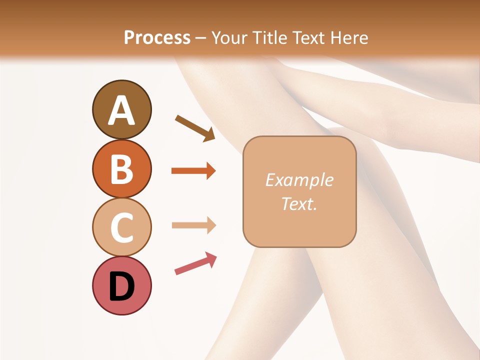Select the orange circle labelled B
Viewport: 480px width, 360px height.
[121, 169]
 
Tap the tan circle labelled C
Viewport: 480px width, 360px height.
[121, 227]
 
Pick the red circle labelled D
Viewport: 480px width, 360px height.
[121, 285]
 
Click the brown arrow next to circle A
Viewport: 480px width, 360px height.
[195, 127]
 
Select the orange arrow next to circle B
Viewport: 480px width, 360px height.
[193, 171]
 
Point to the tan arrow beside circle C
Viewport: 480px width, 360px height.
[193, 225]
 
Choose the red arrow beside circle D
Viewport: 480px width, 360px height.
[195, 263]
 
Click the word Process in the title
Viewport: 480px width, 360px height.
[157, 37]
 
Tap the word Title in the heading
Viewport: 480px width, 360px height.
[268, 37]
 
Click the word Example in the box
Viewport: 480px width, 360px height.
[299, 180]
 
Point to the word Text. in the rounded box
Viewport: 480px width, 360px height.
[299, 204]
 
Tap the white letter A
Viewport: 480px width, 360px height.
[121, 110]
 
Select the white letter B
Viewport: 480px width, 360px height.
[121, 169]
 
